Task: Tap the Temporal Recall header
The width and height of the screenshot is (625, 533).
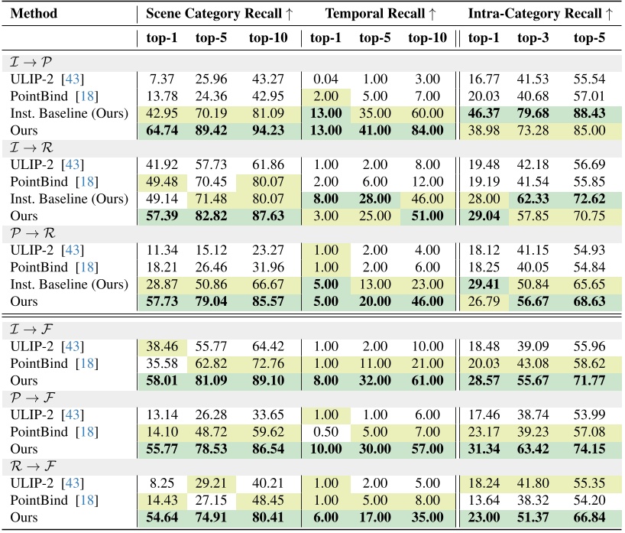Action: [x=381, y=14]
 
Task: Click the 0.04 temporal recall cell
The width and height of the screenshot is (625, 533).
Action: [x=325, y=79]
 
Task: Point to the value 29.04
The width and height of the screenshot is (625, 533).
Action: [x=483, y=215]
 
